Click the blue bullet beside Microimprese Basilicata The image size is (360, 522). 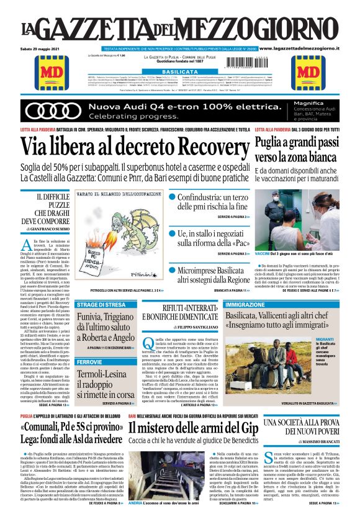[172, 254]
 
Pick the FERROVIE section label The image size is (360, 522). [86, 361]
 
